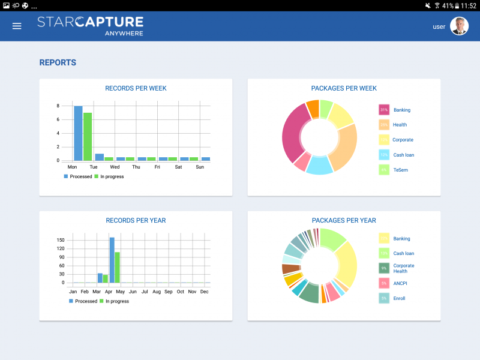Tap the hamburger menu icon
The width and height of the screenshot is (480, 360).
(17, 26)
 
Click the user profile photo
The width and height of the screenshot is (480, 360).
(459, 26)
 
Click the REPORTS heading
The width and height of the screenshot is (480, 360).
(58, 62)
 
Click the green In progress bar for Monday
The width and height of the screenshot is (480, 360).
(88, 137)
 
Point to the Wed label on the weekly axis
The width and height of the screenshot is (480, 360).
(115, 167)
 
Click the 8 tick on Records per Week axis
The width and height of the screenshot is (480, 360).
(58, 106)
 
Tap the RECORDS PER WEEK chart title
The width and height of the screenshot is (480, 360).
(136, 88)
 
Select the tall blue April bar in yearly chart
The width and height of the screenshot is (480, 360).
(112, 260)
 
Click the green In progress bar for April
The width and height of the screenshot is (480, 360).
(118, 267)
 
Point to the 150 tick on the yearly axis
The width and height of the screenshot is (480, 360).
(61, 240)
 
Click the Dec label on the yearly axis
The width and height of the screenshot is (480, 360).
(204, 292)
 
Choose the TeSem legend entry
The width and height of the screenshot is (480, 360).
(401, 170)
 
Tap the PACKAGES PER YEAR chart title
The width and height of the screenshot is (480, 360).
(344, 220)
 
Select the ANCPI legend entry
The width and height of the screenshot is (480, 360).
(401, 283)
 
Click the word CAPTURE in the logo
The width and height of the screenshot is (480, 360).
(114, 22)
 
